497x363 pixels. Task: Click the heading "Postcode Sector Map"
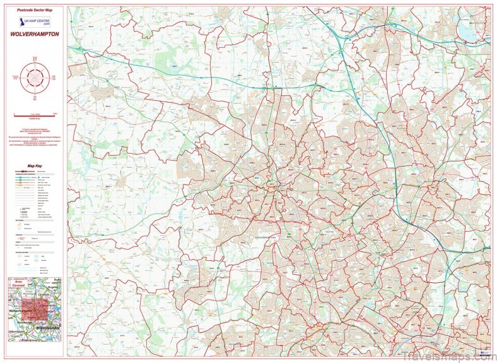coord(34,11)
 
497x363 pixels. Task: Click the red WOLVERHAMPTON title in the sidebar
coord(34,35)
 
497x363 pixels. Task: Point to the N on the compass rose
coord(35,59)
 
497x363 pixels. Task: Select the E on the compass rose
coord(54,78)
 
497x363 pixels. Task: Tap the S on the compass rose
coord(35,98)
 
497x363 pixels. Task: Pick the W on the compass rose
coord(15,78)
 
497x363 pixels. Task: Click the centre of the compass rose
coord(35,78)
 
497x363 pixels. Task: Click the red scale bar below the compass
coord(34,114)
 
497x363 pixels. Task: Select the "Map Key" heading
coord(34,166)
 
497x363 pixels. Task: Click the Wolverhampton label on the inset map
coord(23,311)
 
